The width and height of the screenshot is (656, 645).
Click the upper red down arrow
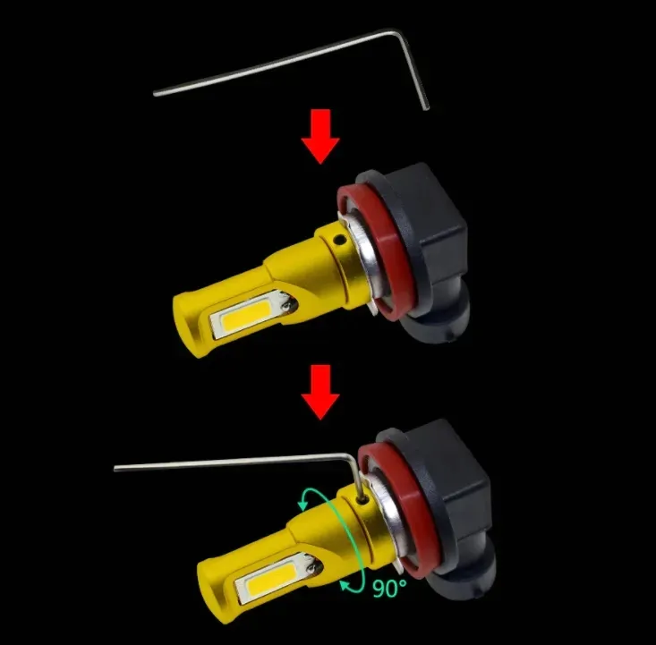[320, 136]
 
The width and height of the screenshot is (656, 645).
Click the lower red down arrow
[320, 392]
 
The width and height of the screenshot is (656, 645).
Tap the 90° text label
[389, 588]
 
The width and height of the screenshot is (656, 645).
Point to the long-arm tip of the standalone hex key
[156, 94]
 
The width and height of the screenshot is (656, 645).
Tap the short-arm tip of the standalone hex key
[426, 108]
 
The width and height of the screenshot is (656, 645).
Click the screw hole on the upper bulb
[340, 240]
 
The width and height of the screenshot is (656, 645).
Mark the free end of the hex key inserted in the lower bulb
[115, 469]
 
